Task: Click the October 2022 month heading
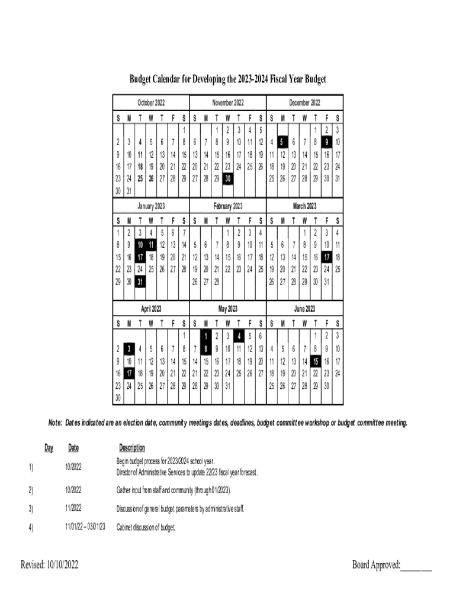[151, 103]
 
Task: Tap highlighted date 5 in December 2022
[282, 142]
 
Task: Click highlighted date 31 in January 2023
[140, 282]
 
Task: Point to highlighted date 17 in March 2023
[326, 257]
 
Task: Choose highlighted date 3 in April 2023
[129, 349]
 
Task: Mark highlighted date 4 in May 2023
[239, 336]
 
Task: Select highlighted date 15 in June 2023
[316, 361]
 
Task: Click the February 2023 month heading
[228, 206]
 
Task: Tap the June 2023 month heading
[304, 308]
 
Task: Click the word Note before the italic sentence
[55, 423]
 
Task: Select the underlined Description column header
[131, 448]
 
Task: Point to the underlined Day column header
[49, 448]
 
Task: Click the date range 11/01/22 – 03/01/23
[85, 526]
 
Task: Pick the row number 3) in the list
[30, 509]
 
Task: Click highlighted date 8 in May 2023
[205, 349]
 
